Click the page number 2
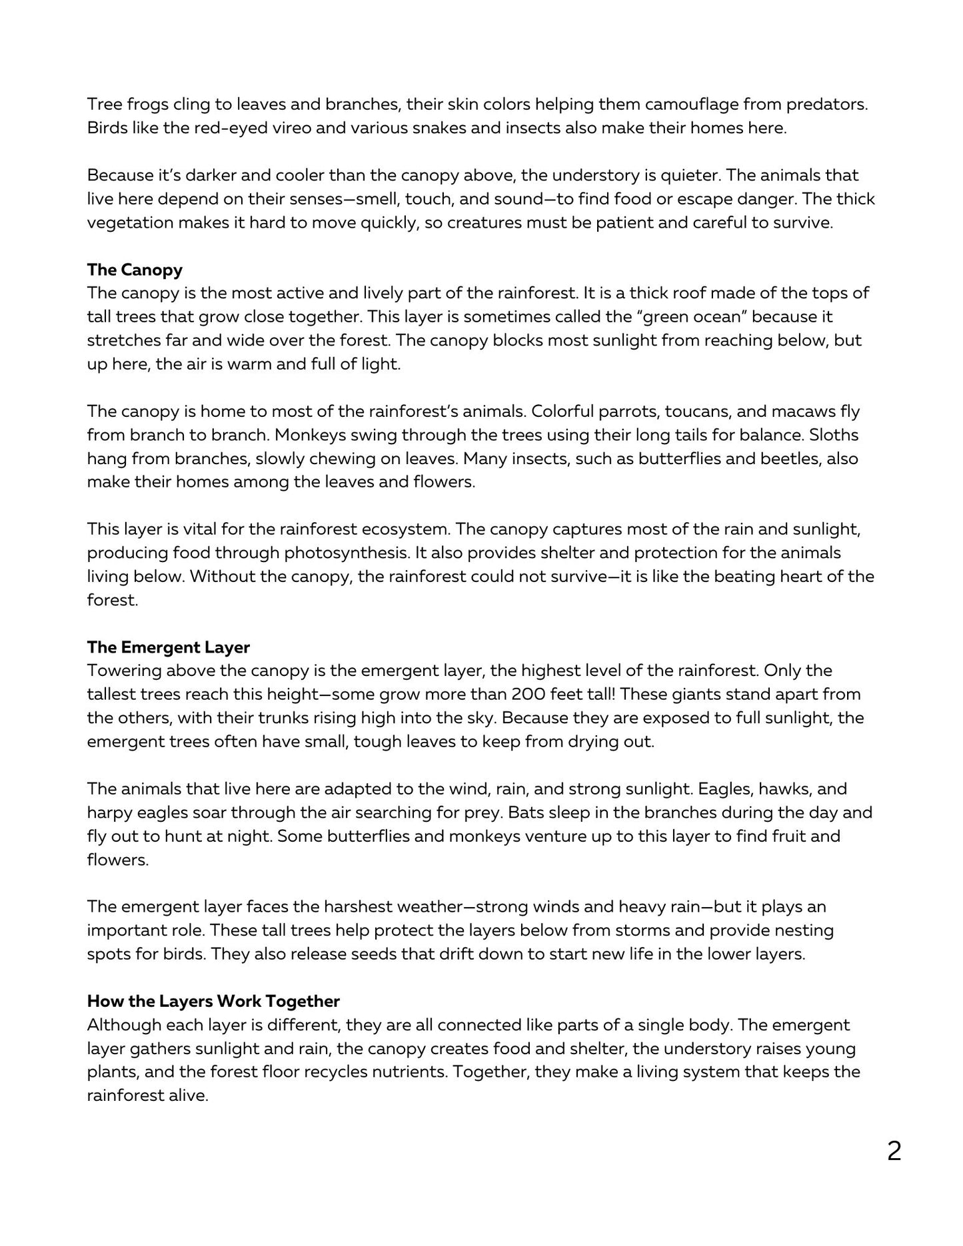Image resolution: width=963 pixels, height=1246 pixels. pos(894,1151)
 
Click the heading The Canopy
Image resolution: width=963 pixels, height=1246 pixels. pos(135,270)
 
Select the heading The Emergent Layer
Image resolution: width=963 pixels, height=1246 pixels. pos(169,647)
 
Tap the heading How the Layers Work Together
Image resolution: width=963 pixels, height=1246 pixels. pos(213,1001)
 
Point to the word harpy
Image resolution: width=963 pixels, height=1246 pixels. pos(109,812)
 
